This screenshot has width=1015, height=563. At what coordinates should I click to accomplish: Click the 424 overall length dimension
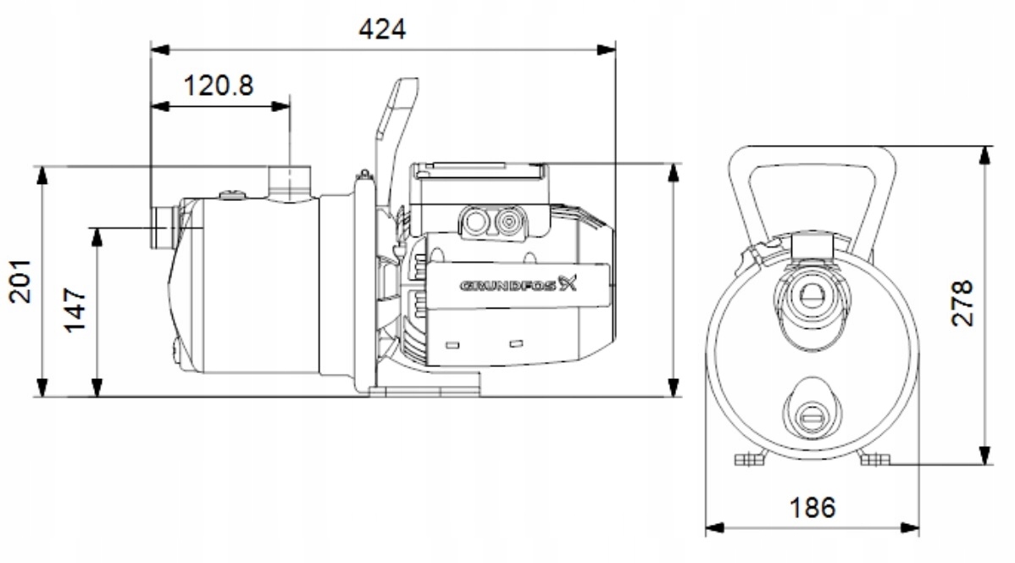(382, 29)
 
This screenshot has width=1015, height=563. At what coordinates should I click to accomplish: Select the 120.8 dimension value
(219, 85)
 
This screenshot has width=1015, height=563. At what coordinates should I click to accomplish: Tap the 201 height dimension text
(20, 281)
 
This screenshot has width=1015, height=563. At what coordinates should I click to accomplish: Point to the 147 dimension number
(76, 310)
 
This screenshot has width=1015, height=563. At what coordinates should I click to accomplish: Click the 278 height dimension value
(962, 304)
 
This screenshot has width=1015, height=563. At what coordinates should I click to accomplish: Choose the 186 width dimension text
(813, 507)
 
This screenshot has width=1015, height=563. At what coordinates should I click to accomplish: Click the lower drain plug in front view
(812, 415)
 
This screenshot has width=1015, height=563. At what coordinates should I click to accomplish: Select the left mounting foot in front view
(750, 459)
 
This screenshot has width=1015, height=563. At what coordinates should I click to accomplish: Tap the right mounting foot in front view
(874, 459)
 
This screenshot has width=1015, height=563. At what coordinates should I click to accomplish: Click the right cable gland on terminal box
(508, 222)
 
